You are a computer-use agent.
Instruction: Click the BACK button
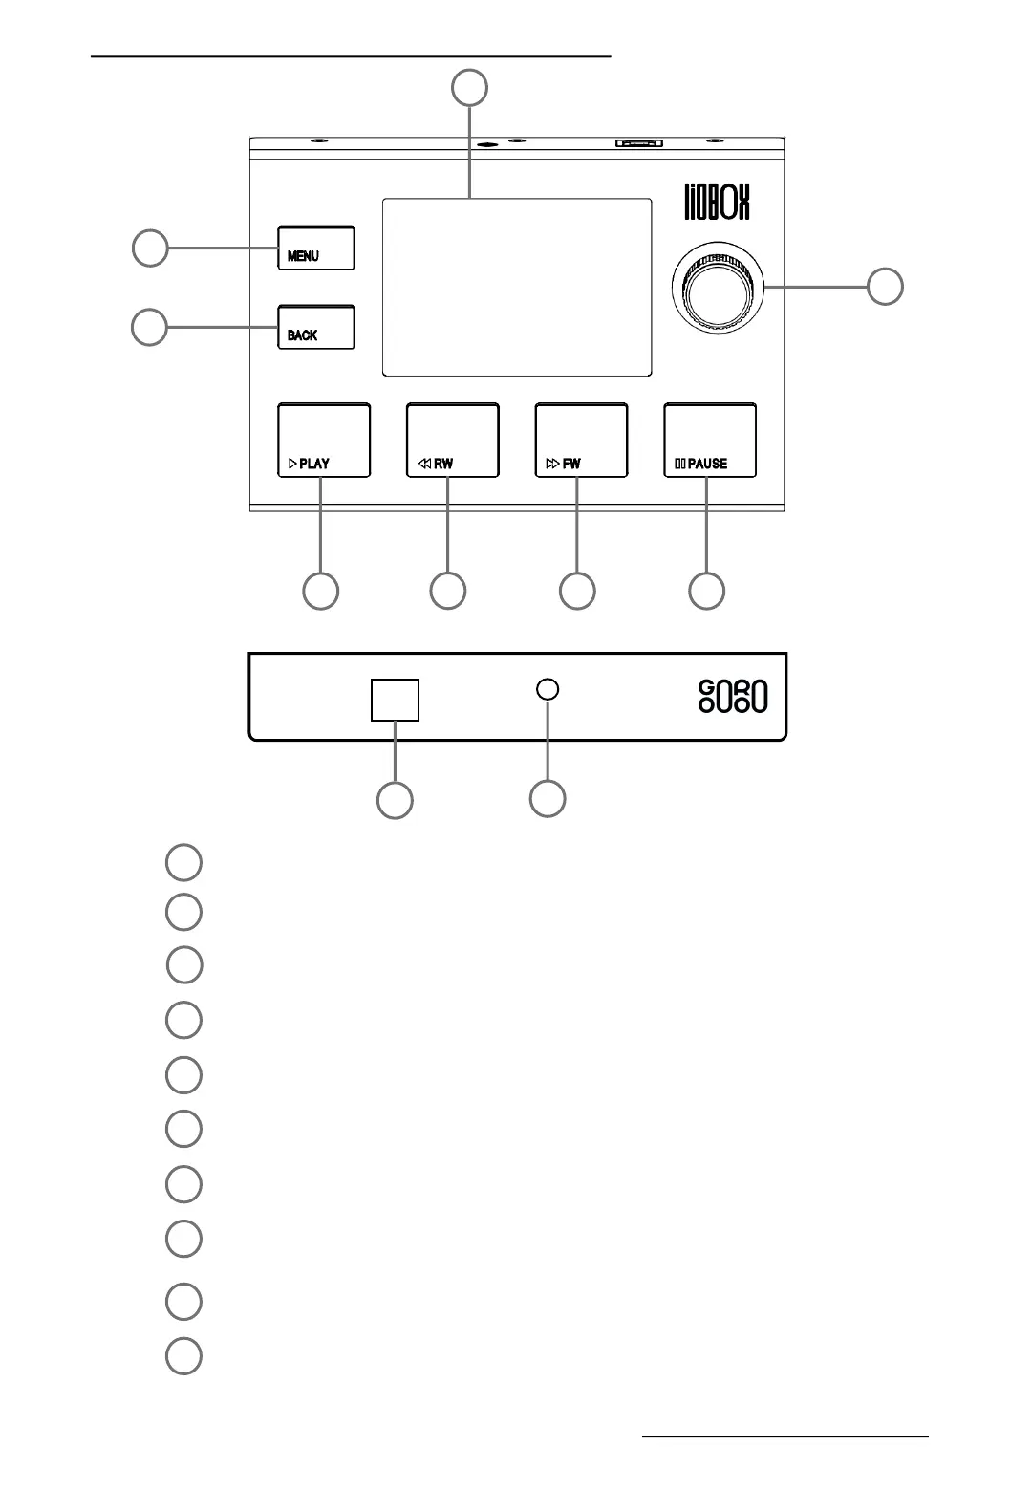click(x=316, y=328)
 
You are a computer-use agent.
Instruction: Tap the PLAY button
click(x=324, y=441)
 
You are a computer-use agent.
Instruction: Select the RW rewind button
click(x=453, y=441)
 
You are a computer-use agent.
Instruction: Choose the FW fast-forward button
click(x=581, y=441)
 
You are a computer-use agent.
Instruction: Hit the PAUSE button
click(x=710, y=441)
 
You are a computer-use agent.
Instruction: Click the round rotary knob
click(x=718, y=287)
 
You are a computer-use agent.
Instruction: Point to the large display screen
click(x=517, y=287)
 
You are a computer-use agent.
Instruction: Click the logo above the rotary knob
click(x=718, y=202)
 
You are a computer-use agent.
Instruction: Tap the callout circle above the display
click(x=469, y=88)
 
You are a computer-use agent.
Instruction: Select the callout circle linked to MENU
click(x=149, y=248)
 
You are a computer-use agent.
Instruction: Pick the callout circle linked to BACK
click(x=149, y=328)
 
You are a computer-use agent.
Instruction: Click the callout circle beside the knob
click(x=885, y=287)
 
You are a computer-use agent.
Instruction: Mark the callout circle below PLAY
click(x=320, y=591)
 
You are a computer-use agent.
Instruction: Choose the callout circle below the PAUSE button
click(x=706, y=591)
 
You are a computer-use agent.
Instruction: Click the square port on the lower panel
click(x=395, y=700)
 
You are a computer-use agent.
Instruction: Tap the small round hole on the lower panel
click(x=548, y=689)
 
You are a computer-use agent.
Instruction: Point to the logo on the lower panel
click(x=733, y=697)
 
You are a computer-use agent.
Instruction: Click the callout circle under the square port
click(x=395, y=800)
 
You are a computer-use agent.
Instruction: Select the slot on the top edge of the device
click(x=639, y=143)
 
